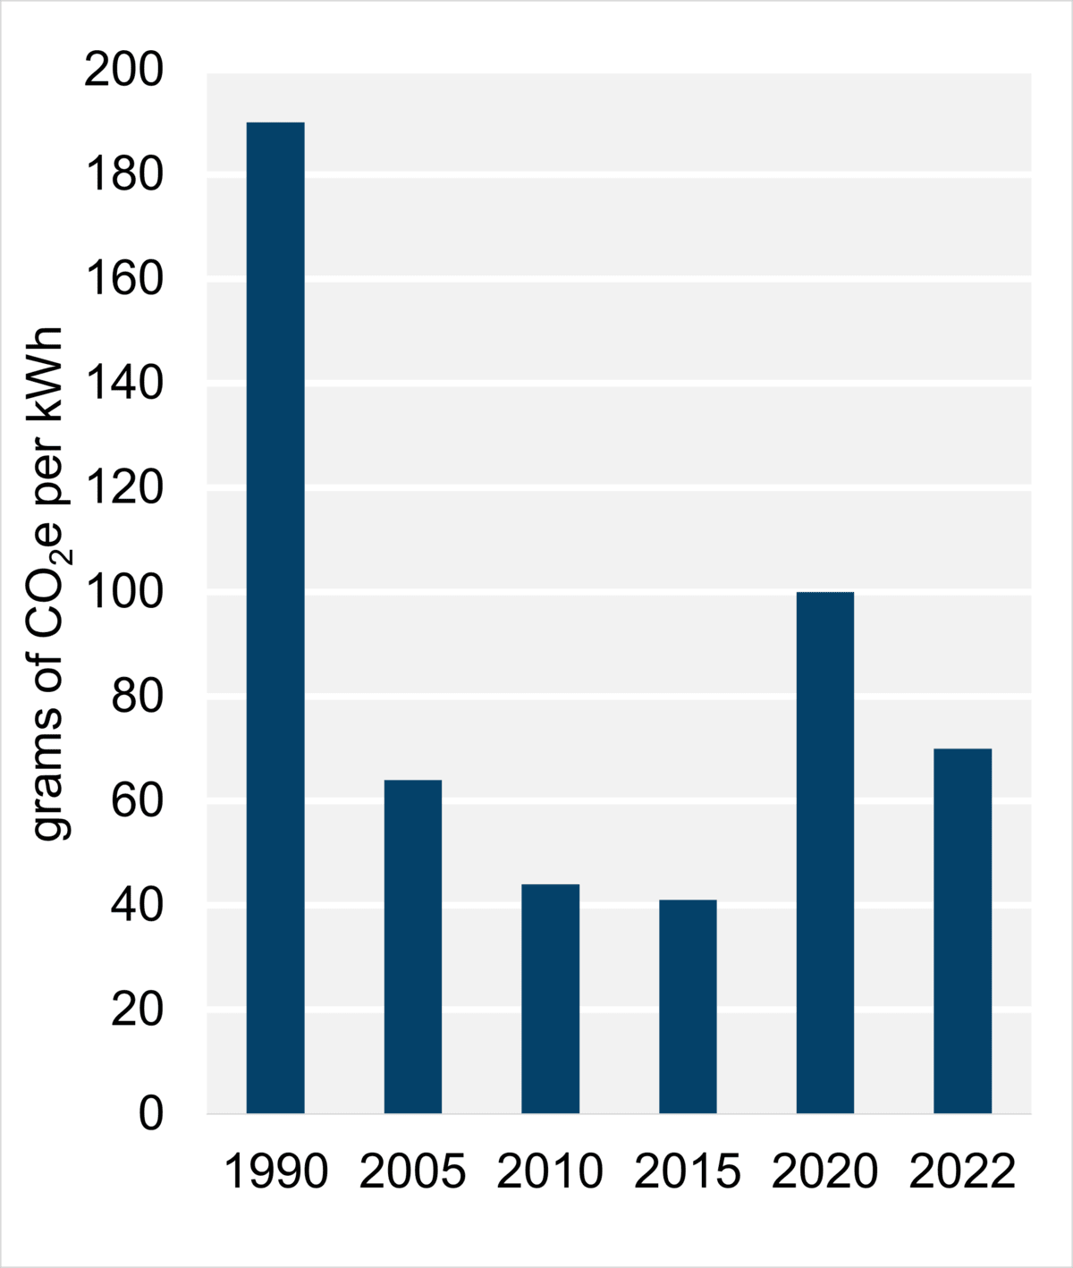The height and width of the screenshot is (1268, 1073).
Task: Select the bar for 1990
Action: [x=275, y=617]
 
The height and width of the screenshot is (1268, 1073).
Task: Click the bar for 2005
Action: [x=413, y=946]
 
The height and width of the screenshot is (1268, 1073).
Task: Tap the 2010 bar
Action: [x=550, y=998]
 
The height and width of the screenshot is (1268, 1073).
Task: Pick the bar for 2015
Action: [x=688, y=1006]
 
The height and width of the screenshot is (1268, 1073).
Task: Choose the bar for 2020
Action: [x=824, y=852]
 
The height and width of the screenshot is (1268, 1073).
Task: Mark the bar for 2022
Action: [x=962, y=930]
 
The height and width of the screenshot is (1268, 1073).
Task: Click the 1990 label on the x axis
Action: [x=275, y=1171]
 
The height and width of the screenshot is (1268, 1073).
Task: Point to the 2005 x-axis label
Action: [x=413, y=1171]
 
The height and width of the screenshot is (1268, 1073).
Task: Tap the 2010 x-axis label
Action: [x=550, y=1171]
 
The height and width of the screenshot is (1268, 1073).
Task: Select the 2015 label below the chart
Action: [x=688, y=1171]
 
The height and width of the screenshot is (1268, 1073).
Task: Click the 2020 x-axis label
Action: [x=824, y=1171]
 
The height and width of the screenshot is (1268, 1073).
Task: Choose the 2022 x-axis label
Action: [x=962, y=1171]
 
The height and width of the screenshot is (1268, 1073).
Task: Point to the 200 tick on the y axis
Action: [x=124, y=71]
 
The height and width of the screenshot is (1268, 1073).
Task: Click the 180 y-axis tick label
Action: [x=124, y=175]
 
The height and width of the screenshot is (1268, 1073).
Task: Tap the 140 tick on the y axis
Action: [x=124, y=385]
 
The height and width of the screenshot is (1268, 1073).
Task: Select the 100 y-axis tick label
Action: [x=124, y=593]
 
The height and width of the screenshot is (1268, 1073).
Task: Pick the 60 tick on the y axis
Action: [x=137, y=801]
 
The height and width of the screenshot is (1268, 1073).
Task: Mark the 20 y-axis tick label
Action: [x=137, y=1010]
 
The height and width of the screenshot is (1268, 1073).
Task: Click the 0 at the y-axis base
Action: [x=151, y=1114]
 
